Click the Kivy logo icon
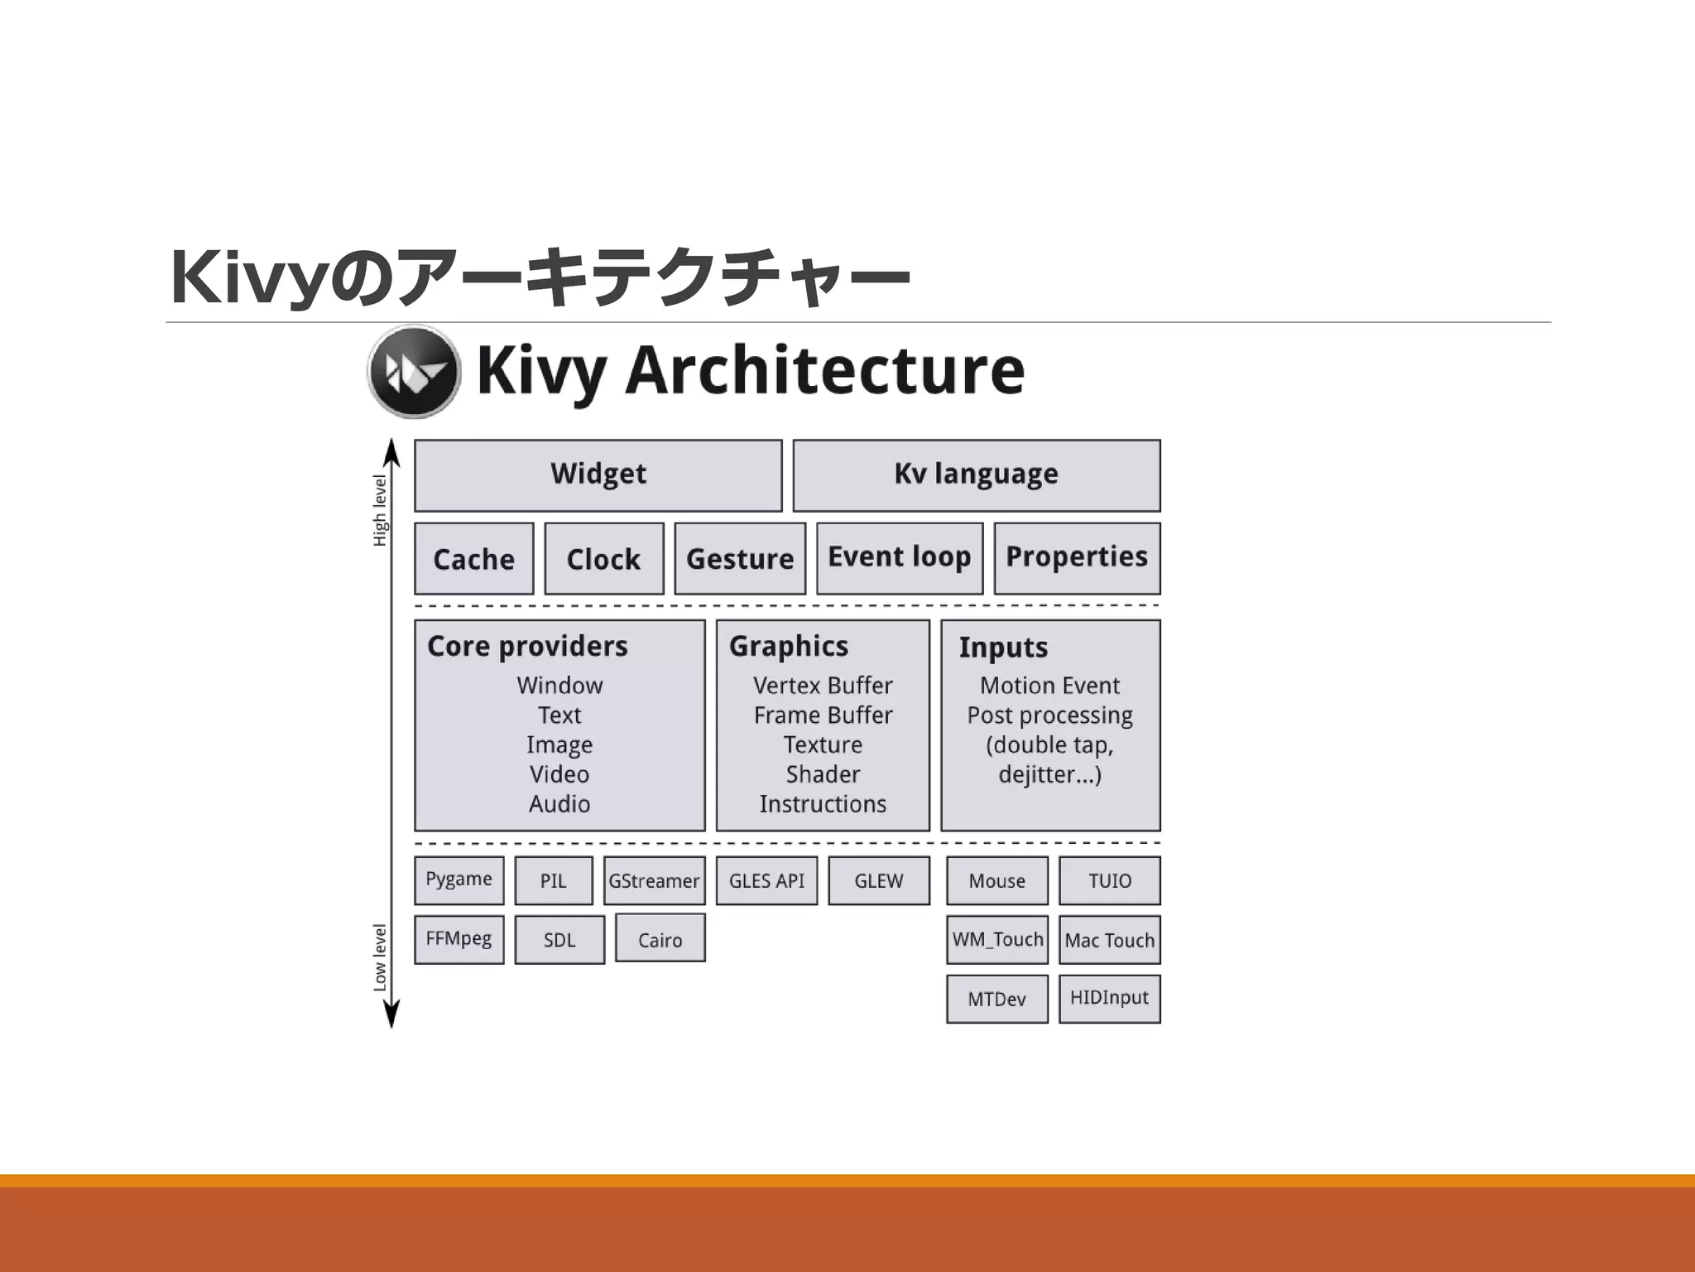pos(413,371)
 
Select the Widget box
pos(598,475)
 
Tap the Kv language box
pos(976,475)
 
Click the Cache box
pos(473,558)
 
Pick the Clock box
pos(603,558)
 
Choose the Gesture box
pos(739,558)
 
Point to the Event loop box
pos(899,557)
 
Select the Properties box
pos(1076,557)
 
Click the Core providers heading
pos(527,646)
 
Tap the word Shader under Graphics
pos(823,774)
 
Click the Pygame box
pos(459,879)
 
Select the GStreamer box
pos(654,880)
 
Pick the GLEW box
pos(878,880)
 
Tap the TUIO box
pos(1109,880)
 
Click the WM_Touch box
pos(996,939)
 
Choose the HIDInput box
pos(1109,998)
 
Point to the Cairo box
pos(660,938)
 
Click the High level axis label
pos(380,510)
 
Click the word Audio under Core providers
pos(559,804)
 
